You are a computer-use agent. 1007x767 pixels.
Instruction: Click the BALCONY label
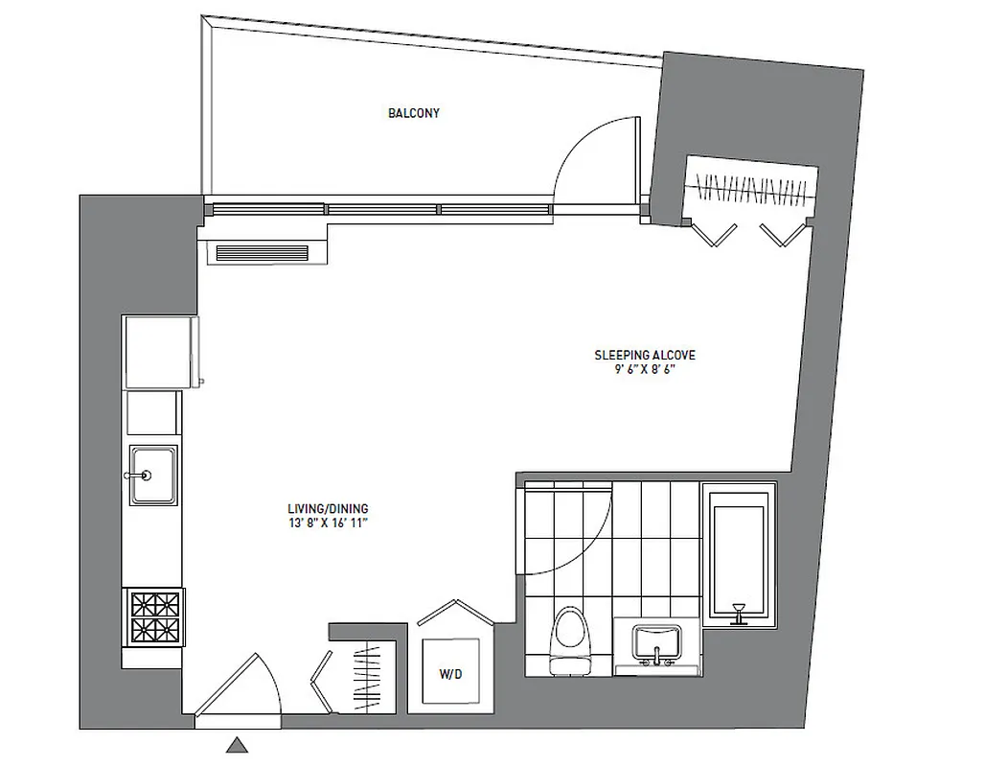point(414,113)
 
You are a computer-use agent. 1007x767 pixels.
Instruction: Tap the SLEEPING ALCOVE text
point(644,356)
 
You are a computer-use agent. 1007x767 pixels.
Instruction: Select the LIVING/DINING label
point(328,509)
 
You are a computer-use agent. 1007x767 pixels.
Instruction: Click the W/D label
point(450,675)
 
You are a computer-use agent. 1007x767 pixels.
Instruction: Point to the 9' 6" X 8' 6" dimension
point(644,370)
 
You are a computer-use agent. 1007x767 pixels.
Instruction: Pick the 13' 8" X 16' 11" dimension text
point(328,523)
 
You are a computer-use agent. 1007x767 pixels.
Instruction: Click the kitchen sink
point(153,474)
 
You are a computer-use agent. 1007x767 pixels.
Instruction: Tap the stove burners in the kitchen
point(154,618)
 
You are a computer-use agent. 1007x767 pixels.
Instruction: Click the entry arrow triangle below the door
point(237,745)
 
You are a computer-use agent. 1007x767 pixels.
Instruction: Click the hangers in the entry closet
point(368,681)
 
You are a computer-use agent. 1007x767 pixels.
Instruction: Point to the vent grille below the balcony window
point(262,253)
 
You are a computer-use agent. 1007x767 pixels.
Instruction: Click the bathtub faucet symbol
point(738,613)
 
